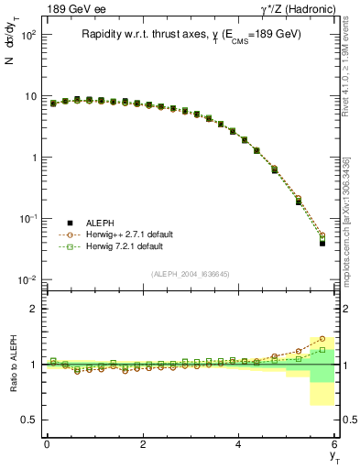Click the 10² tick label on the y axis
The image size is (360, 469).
point(27,36)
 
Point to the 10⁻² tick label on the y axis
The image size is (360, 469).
point(27,280)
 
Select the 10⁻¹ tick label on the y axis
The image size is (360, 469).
point(27,219)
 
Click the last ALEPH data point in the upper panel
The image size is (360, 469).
point(322,243)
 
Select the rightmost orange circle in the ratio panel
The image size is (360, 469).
point(322,339)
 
